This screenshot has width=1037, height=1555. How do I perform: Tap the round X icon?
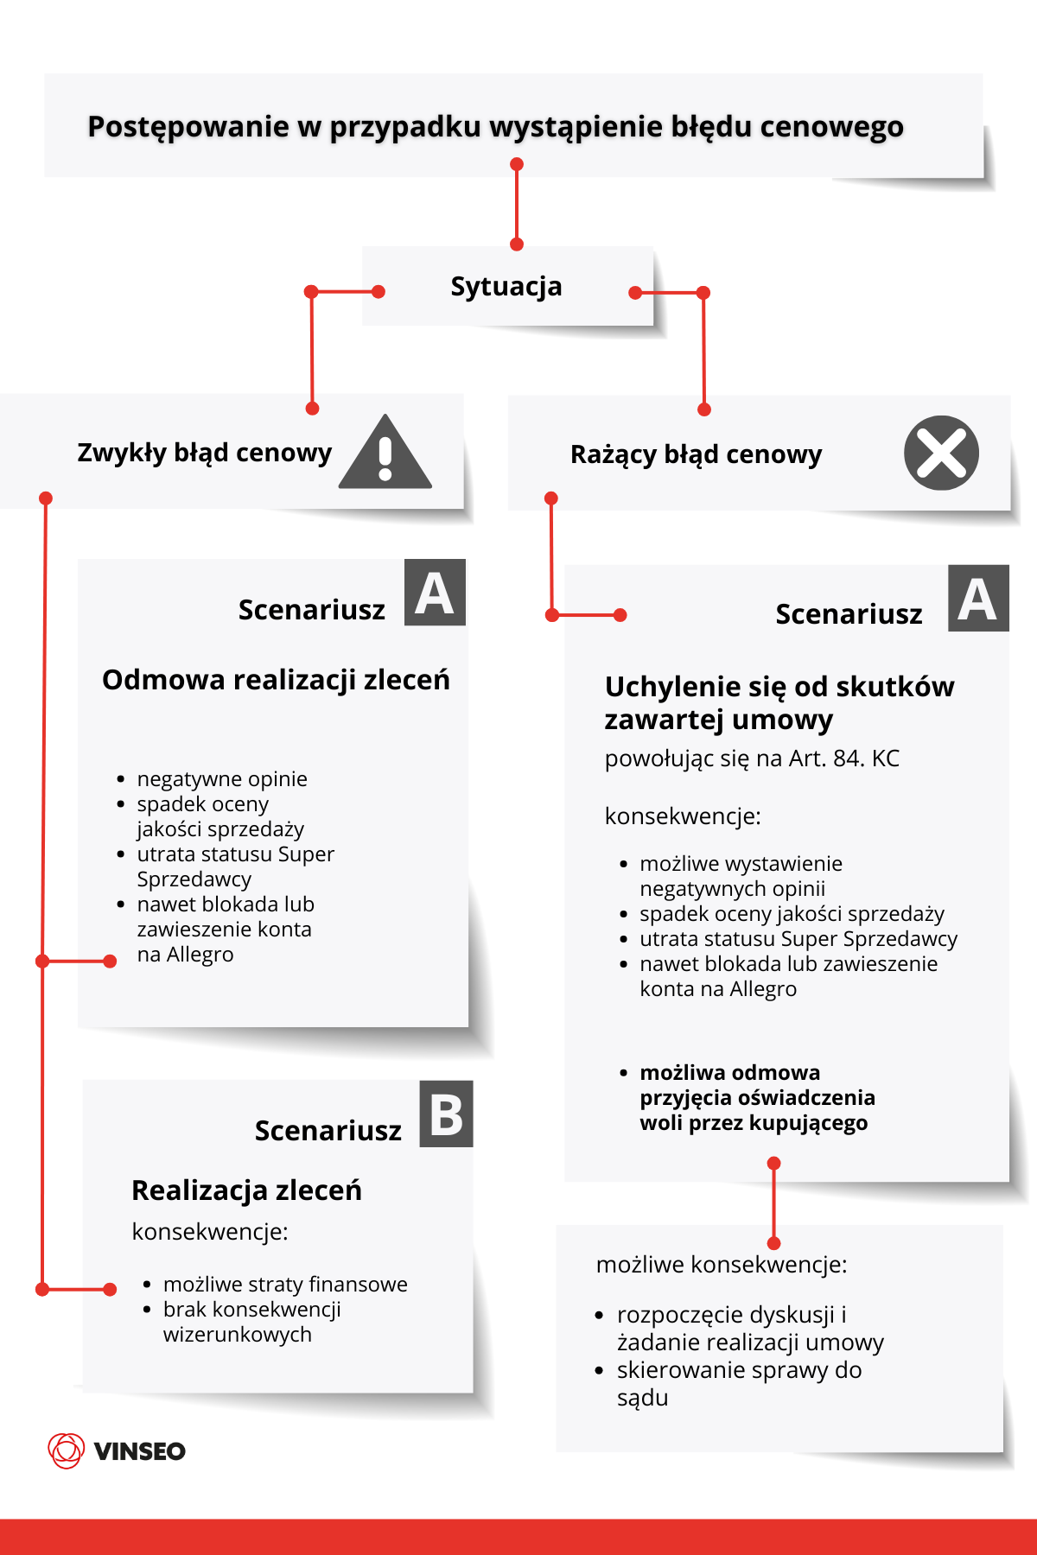941,453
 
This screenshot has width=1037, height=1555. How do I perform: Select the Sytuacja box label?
506,286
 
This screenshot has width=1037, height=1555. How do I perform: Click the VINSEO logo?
117,1450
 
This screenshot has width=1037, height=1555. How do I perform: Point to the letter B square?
446,1114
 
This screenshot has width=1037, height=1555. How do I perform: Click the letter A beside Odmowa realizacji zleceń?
435,593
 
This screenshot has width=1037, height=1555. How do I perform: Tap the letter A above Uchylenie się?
978,599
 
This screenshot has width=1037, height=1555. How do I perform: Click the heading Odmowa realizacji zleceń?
276,680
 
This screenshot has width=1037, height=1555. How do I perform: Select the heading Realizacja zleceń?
246,1190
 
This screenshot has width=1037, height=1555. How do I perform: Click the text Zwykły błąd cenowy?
204,453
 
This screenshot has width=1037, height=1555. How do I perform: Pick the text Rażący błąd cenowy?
696,454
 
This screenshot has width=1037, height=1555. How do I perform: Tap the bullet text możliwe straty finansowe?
285,1285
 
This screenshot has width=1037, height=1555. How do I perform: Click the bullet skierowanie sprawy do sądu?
739,1383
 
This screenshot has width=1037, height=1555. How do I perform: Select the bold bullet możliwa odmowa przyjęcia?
757,1097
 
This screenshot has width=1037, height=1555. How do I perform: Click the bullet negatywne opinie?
222,779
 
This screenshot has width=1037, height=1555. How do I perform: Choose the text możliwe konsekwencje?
722,1265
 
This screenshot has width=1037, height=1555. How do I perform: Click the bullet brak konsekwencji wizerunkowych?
251,1322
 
